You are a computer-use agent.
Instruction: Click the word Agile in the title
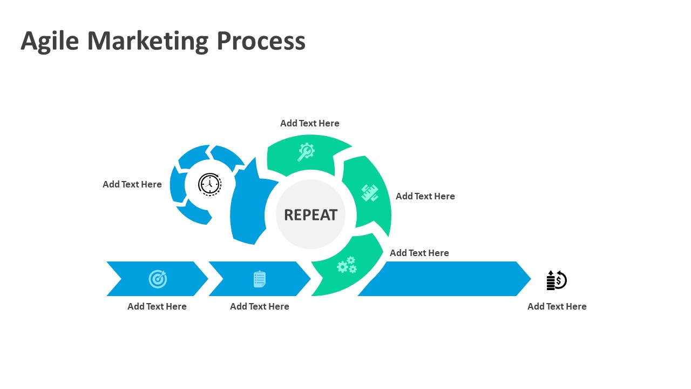click(50, 42)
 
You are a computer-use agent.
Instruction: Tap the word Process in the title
click(261, 42)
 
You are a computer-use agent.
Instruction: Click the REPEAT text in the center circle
click(310, 215)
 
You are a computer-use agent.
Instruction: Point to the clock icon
click(209, 184)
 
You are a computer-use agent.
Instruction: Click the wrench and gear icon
click(306, 152)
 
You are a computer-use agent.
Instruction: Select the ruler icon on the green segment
click(370, 192)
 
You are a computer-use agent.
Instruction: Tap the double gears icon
click(347, 265)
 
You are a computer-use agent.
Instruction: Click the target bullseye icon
click(158, 279)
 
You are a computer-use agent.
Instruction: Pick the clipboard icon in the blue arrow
click(260, 279)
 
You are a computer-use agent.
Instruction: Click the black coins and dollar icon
click(557, 280)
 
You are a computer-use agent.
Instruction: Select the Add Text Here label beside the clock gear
click(132, 184)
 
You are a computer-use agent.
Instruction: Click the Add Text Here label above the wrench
click(310, 123)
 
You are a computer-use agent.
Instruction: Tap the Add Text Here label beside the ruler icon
click(425, 196)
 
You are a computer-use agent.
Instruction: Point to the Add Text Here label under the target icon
click(157, 306)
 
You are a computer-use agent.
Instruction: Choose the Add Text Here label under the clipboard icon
click(260, 306)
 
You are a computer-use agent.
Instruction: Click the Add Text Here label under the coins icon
click(557, 306)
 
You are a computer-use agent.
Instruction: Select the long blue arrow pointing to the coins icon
click(448, 279)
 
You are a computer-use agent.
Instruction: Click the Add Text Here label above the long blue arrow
click(419, 253)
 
